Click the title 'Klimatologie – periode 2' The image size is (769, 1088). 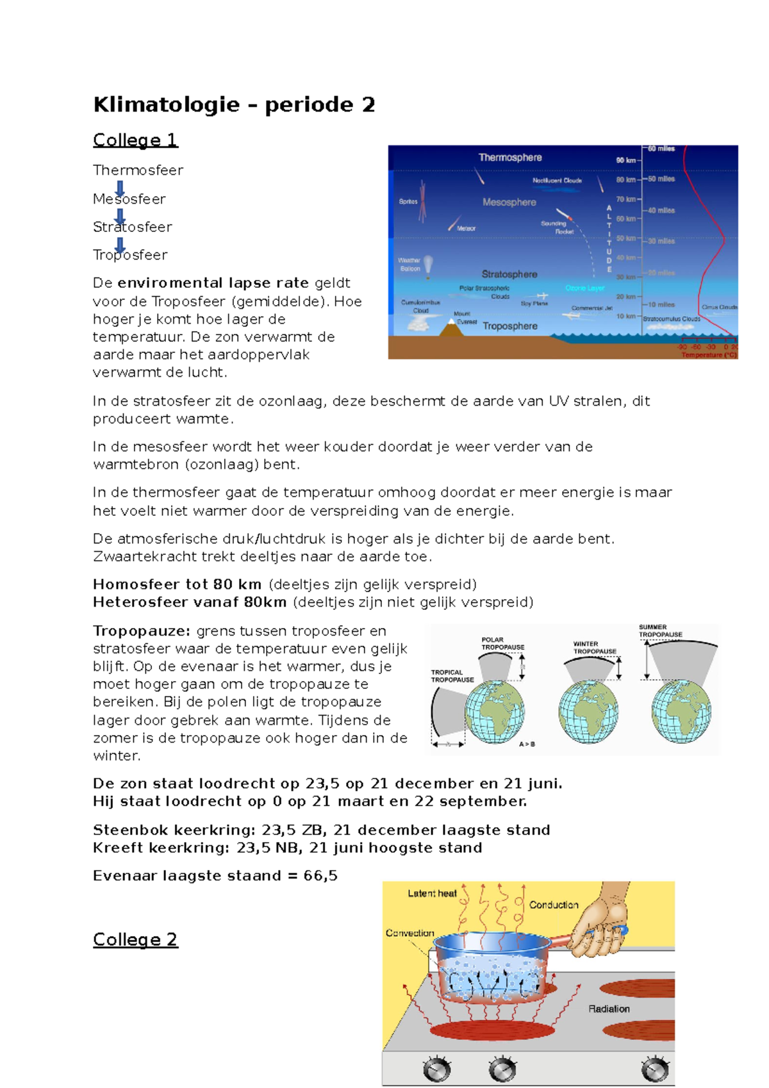(x=234, y=104)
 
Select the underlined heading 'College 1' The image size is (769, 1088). (x=135, y=140)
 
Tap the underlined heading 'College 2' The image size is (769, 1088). (x=135, y=939)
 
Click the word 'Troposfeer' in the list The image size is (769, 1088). (x=130, y=255)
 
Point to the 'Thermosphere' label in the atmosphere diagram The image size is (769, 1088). (x=510, y=158)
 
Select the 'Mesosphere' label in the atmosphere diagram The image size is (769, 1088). (x=509, y=202)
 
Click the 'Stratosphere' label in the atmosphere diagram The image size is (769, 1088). (x=509, y=274)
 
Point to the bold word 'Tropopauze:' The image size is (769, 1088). (x=142, y=631)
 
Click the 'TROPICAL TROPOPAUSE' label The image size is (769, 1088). (x=452, y=676)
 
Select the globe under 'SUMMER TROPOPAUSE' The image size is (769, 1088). (x=681, y=711)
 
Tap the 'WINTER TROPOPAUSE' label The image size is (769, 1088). (x=594, y=648)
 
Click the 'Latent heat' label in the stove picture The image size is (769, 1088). (x=432, y=893)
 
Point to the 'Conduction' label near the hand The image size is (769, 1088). (x=554, y=905)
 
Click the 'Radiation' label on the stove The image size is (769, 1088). (x=609, y=1009)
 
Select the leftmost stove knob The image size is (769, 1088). (x=437, y=1069)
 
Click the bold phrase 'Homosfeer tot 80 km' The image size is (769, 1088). (x=177, y=584)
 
